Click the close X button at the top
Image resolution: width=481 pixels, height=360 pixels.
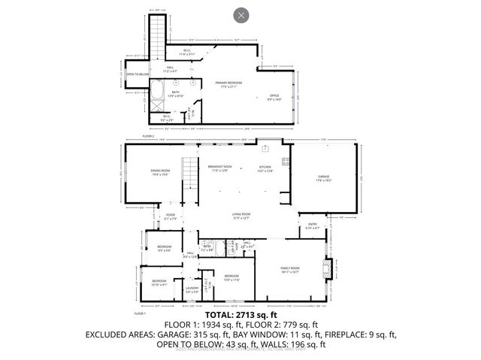click(240, 14)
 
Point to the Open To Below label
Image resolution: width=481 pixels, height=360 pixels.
click(135, 74)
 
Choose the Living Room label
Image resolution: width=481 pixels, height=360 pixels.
click(240, 216)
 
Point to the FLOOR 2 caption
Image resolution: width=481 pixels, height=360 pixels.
click(148, 136)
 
